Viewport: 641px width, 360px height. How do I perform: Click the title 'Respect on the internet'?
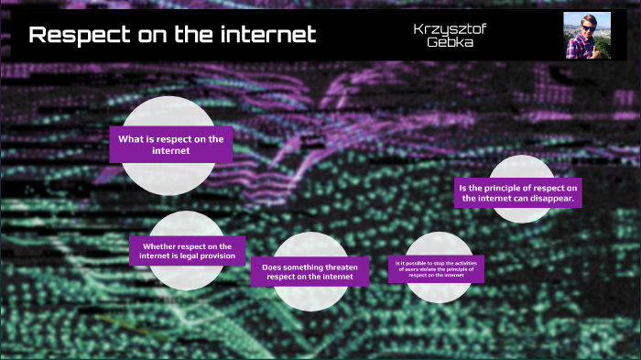(x=172, y=36)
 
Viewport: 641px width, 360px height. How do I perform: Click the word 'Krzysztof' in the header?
(x=450, y=28)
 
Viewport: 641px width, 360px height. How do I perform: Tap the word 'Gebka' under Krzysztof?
(x=450, y=43)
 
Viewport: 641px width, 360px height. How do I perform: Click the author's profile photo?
(x=587, y=36)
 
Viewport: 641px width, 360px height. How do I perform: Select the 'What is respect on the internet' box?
(x=170, y=145)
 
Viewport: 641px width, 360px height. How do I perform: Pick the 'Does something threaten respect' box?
(x=310, y=271)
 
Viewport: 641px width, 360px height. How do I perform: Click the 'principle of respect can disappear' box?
(x=519, y=192)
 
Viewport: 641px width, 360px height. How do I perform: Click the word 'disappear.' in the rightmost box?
(x=552, y=198)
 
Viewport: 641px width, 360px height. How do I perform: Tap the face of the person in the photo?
(x=583, y=28)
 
